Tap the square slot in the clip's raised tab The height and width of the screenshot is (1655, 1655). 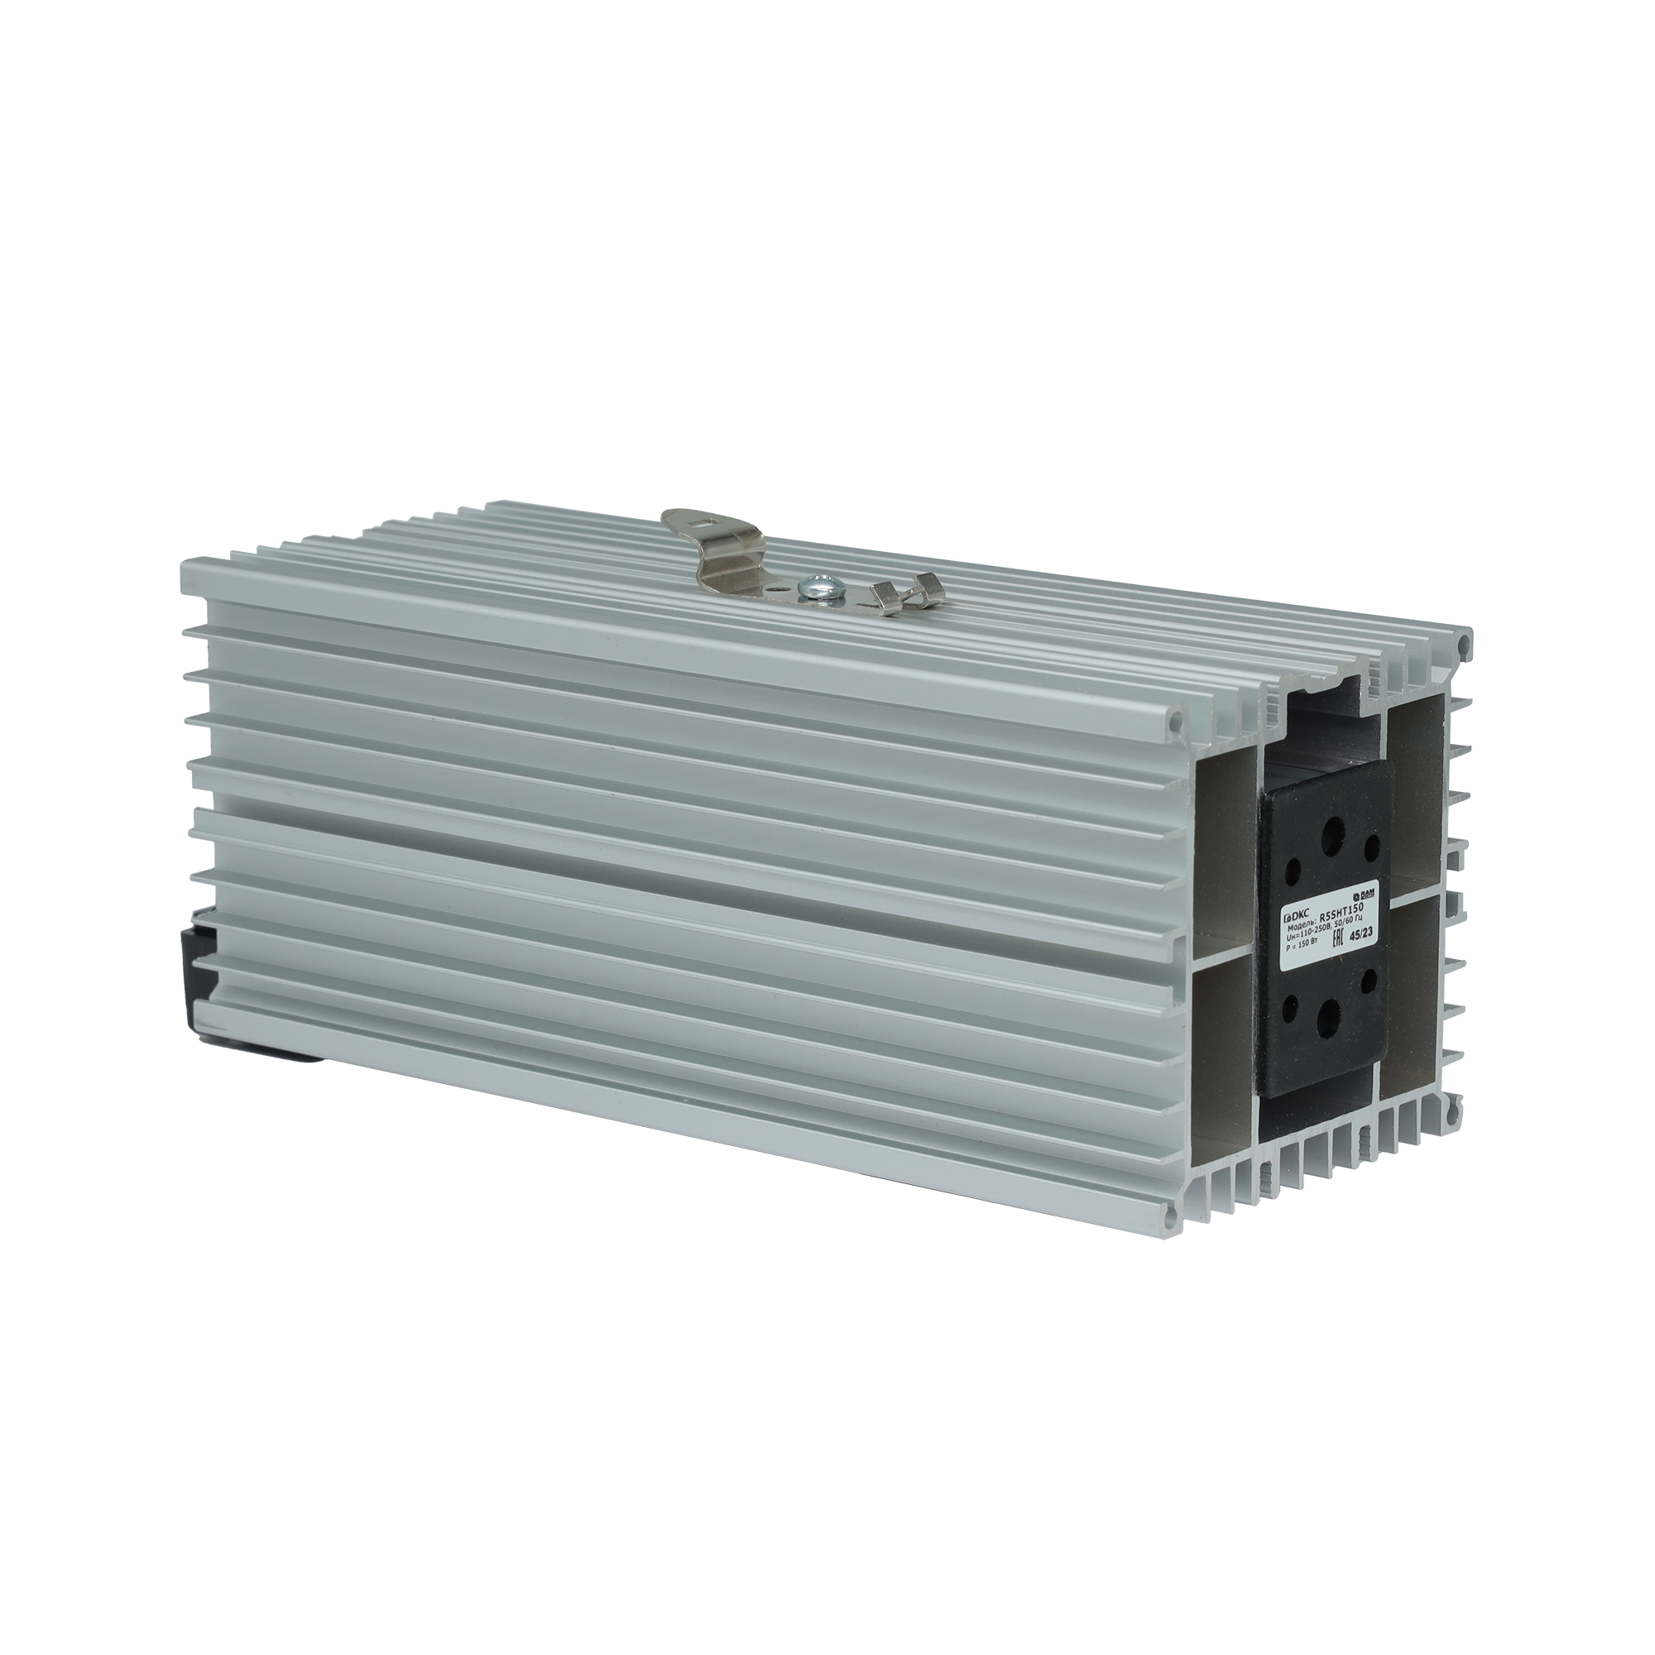703,517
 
